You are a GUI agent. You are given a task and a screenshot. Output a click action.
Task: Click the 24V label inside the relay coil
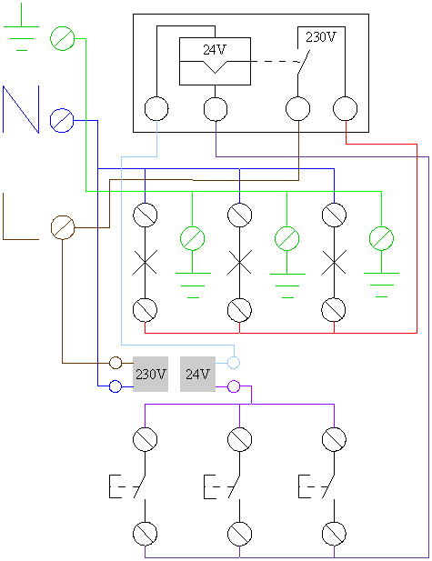(215, 49)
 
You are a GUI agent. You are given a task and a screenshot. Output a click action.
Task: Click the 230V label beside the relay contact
(321, 37)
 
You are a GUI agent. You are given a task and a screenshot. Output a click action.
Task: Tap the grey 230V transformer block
(151, 375)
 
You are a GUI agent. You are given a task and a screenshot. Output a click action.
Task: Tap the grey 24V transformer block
(197, 375)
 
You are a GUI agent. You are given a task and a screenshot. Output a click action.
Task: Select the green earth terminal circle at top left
(62, 38)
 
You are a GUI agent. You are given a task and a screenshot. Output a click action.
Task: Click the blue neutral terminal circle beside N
(62, 121)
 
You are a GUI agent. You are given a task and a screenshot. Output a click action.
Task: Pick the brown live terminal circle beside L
(63, 227)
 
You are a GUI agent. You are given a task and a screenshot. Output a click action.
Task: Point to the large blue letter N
(21, 109)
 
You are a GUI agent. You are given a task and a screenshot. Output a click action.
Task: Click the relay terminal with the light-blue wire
(156, 109)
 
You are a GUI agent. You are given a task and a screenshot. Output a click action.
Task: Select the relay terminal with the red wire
(346, 109)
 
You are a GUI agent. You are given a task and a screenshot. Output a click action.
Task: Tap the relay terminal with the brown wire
(298, 109)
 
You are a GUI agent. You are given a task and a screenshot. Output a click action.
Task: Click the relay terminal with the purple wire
(216, 109)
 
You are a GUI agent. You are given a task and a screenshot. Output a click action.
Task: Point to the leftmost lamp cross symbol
(145, 262)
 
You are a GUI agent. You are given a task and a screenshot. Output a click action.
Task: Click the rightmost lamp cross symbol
(334, 262)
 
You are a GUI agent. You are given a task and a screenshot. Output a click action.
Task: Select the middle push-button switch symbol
(222, 486)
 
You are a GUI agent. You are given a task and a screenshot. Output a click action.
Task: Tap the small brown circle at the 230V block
(116, 363)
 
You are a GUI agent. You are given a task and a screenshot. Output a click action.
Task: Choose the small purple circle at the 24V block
(234, 386)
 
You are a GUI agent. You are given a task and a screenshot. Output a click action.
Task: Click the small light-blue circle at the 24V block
(234, 363)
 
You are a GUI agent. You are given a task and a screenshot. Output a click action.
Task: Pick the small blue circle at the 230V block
(116, 386)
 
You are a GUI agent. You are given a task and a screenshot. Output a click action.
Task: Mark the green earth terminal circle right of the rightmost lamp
(382, 238)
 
